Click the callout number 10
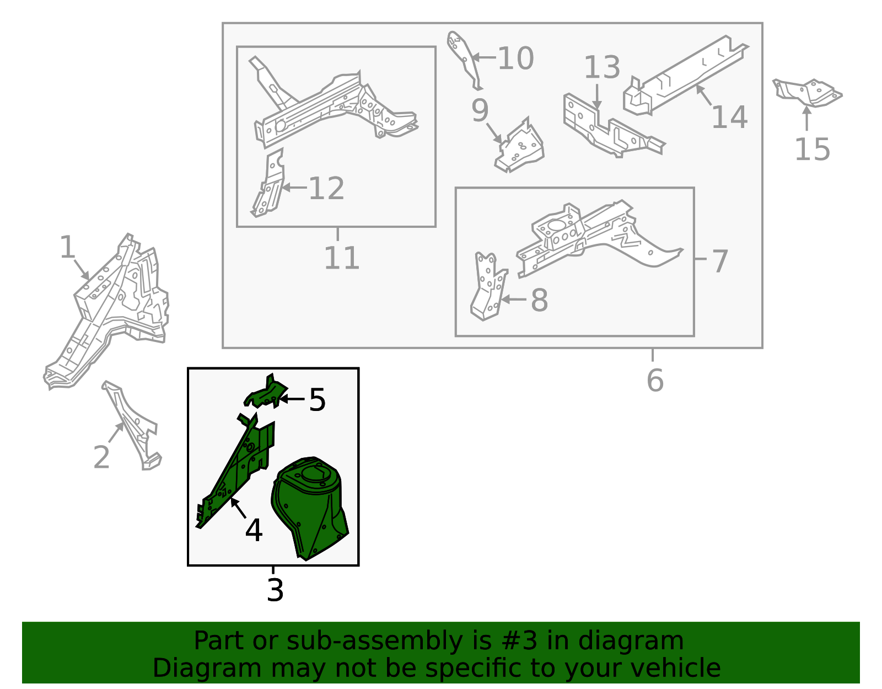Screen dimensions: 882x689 point(515,58)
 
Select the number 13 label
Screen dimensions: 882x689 point(602,67)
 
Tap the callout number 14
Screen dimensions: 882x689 point(729,117)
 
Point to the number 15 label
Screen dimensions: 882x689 point(812,149)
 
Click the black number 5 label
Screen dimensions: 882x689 point(318,400)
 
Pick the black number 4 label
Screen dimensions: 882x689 point(254,530)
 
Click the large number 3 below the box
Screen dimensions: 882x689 point(275,590)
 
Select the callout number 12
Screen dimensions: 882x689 point(326,189)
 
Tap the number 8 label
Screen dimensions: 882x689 point(540,301)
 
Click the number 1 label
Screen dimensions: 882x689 point(67,247)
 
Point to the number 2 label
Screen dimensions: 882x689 point(101,457)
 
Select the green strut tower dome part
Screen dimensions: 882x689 point(309,508)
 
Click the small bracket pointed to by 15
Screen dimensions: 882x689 point(808,93)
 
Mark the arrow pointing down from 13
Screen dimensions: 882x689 point(596,97)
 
